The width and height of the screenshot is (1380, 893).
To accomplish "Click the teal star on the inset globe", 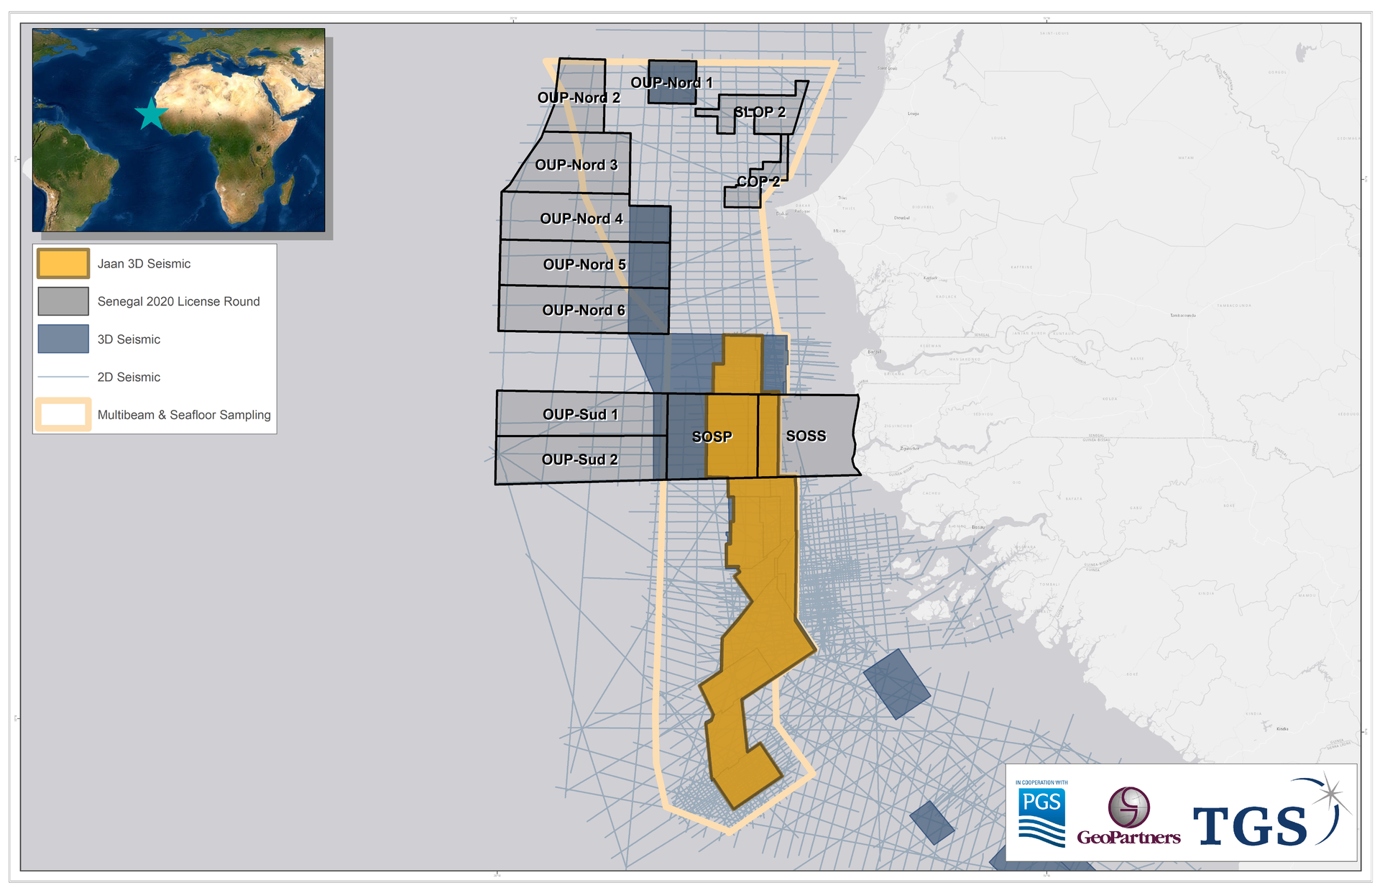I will [x=151, y=114].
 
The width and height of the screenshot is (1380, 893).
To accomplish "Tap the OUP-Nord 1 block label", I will [x=671, y=83].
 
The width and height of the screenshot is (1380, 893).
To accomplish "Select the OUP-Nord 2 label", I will [x=579, y=98].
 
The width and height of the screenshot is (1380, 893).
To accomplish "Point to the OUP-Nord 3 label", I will [x=576, y=165].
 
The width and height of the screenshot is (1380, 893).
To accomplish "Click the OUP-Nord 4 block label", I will [x=581, y=219].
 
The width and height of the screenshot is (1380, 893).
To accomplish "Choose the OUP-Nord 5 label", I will [x=584, y=265].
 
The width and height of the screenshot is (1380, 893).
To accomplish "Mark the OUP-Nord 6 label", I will [x=584, y=310].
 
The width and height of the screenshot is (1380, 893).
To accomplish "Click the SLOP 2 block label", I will [x=760, y=112].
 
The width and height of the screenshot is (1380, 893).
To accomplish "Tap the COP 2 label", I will [x=758, y=182].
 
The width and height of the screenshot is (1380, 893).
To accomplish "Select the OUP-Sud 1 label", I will [x=580, y=414].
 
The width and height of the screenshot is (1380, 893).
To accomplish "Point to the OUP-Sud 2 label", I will [x=579, y=459].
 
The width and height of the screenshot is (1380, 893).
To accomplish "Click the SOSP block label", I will [x=712, y=436].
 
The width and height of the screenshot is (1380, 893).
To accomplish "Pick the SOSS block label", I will [x=806, y=436].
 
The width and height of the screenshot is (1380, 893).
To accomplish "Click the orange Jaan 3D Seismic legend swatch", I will [x=63, y=264].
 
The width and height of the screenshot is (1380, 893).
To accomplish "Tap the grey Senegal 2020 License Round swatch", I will [x=63, y=301].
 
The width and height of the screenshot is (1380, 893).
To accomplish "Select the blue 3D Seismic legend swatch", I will [x=63, y=339].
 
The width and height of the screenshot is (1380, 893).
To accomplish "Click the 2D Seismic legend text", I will [x=129, y=377].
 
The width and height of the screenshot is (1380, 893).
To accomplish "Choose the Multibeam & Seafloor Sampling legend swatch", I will [x=63, y=415].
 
